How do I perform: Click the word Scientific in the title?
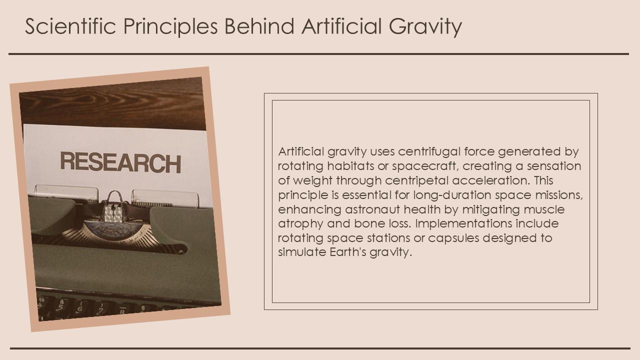coord(70,26)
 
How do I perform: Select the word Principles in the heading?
coord(170,27)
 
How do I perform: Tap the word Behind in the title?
coord(259,26)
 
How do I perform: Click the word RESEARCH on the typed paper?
coord(120,162)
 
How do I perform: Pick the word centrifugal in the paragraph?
coord(429,151)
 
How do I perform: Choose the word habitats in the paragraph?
coord(350,165)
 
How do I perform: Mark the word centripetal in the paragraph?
coord(417,181)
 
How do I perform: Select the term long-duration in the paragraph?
coord(452,195)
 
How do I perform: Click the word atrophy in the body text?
coord(300,223)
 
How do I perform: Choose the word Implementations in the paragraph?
coord(463,223)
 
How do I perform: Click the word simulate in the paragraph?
coord(302,252)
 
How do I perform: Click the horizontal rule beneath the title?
coord(318,53)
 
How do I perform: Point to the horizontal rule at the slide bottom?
coord(320,348)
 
